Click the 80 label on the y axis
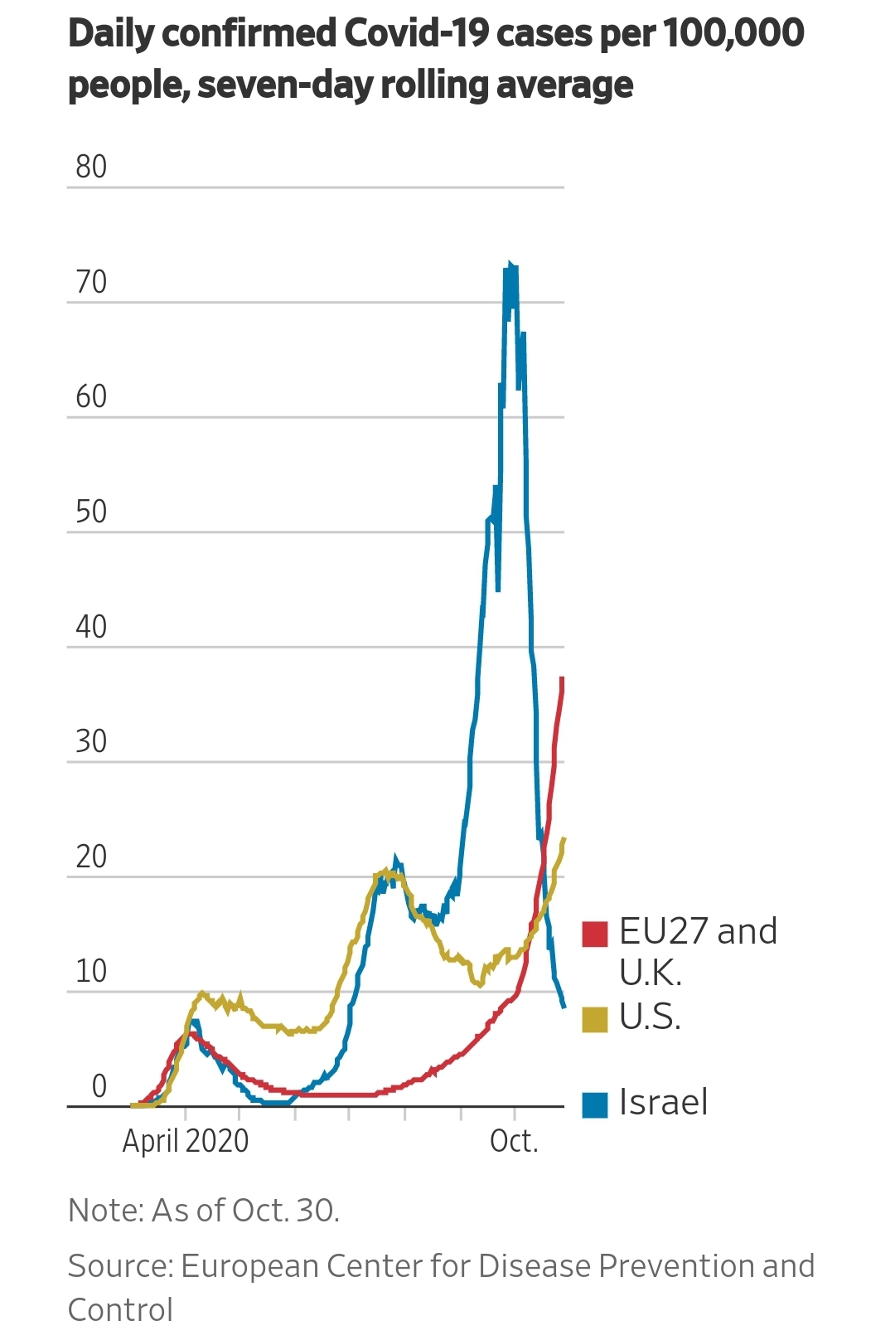tap(91, 167)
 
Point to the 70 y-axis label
tap(91, 282)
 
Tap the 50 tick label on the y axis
tap(91, 512)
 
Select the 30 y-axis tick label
tap(91, 741)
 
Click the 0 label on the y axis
tap(99, 1085)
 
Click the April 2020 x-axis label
tap(186, 1141)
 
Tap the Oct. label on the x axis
tap(514, 1141)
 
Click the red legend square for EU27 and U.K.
tap(595, 934)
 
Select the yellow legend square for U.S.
tap(595, 1019)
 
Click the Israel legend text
tap(664, 1102)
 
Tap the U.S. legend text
tap(651, 1017)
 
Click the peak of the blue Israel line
tap(510, 263)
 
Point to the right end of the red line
tap(562, 677)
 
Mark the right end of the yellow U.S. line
tap(564, 838)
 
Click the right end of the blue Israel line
tap(564, 1007)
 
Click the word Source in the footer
tap(120, 1266)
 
